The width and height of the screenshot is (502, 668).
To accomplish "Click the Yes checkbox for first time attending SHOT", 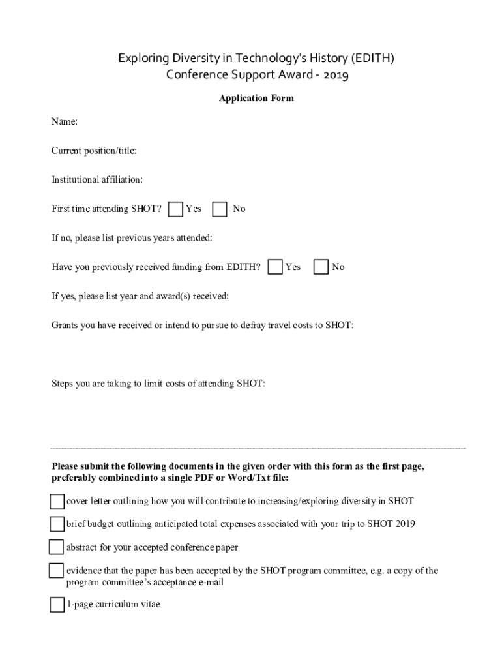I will pyautogui.click(x=175, y=209).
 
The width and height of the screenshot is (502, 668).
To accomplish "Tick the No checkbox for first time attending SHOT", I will pyautogui.click(x=220, y=209).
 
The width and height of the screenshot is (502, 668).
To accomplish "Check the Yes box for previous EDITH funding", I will pyautogui.click(x=275, y=267).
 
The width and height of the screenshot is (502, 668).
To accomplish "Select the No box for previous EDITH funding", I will pyautogui.click(x=321, y=267).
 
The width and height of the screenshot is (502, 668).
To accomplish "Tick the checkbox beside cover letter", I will pyautogui.click(x=57, y=501).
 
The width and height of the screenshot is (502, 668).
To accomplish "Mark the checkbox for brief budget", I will pyautogui.click(x=57, y=524).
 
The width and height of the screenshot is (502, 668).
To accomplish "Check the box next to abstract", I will pyautogui.click(x=56, y=547).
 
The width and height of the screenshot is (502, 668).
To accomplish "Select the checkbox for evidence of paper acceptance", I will pyautogui.click(x=56, y=571).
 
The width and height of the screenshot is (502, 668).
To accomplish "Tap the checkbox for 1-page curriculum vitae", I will pyautogui.click(x=57, y=605).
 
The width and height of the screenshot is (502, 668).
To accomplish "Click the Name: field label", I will pyautogui.click(x=65, y=121).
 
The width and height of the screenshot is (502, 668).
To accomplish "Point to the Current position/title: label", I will pyautogui.click(x=94, y=151).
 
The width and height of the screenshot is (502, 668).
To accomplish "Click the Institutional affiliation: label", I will pyautogui.click(x=97, y=179).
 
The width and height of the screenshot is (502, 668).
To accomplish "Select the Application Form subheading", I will pyautogui.click(x=256, y=99).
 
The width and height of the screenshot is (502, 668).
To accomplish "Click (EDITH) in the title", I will pyautogui.click(x=372, y=59).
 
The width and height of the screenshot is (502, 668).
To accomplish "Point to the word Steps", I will pyautogui.click(x=63, y=383).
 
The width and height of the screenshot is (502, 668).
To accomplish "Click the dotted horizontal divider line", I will pyautogui.click(x=259, y=448).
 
